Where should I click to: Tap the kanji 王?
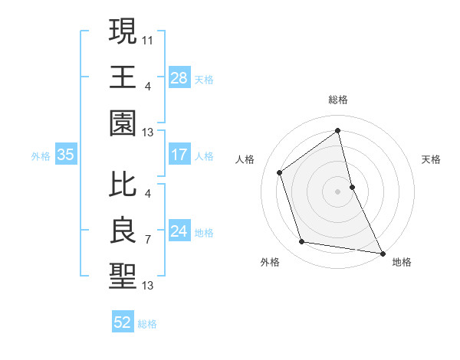pos(123,77)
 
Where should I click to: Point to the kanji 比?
pos(123,184)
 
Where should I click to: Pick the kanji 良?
pos(123,230)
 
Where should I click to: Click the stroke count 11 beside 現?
pos(148,39)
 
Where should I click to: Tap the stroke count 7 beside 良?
pos(147,240)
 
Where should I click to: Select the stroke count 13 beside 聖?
pos(148,286)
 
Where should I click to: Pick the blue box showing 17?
pos(179,155)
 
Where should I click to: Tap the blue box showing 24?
pos(179,231)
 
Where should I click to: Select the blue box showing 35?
pos(66,155)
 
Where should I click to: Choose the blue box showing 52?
pos(123,322)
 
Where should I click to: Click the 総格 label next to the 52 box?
pos(147,324)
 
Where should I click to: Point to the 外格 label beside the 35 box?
pos(41,156)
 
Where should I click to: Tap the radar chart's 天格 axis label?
pos(432,159)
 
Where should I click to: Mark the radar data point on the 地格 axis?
pos(382,253)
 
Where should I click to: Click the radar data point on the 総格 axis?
pos(337,130)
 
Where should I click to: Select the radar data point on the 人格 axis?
pos(280,172)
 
